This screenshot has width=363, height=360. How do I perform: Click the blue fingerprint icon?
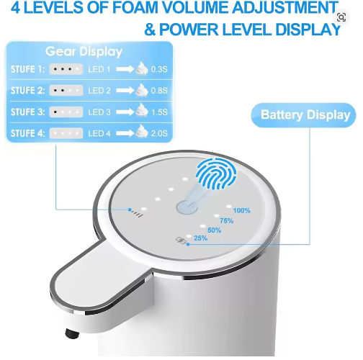click(x=216, y=174)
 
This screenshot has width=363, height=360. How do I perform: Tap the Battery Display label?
click(x=305, y=114)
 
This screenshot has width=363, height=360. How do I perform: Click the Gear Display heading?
click(x=84, y=52)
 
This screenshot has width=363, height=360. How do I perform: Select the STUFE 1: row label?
click(x=27, y=69)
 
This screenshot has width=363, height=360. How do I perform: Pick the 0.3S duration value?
click(x=159, y=69)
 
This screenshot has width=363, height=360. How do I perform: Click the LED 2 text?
click(x=99, y=91)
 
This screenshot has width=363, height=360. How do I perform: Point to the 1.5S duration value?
click(x=159, y=112)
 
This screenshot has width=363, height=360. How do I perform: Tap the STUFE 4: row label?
click(x=27, y=133)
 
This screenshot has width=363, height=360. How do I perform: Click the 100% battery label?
click(x=241, y=210)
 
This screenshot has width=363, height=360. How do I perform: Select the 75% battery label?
click(x=226, y=220)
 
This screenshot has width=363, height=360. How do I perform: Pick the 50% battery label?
click(x=214, y=230)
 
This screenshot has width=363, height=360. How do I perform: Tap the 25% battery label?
click(x=200, y=238)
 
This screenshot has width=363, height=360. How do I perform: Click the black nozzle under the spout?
click(x=72, y=333)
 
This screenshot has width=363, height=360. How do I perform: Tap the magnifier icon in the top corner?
click(x=341, y=17)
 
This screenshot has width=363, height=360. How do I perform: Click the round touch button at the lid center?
click(x=187, y=207)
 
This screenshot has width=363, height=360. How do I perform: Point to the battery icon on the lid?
click(x=181, y=240)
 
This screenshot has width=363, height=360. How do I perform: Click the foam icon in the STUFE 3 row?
click(x=142, y=110)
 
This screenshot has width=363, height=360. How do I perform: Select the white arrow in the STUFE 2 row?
click(x=125, y=91)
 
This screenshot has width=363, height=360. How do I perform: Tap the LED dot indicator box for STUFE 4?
click(x=66, y=133)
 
